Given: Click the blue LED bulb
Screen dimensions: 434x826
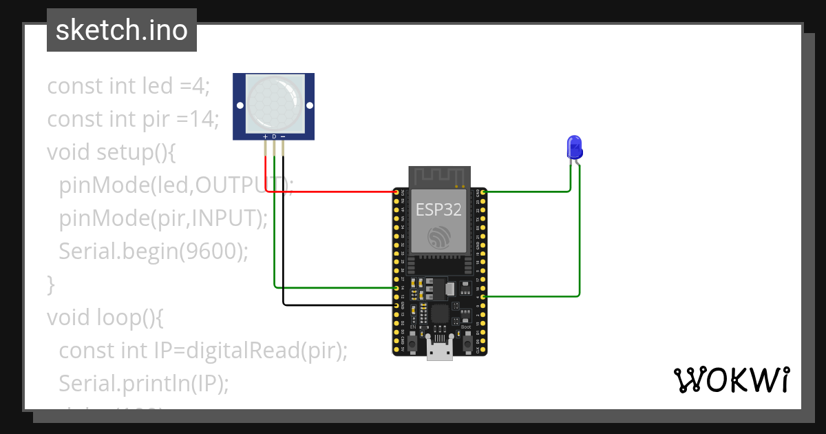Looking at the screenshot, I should pyautogui.click(x=573, y=146).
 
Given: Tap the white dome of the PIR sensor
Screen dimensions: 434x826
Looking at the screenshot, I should pyautogui.click(x=274, y=104).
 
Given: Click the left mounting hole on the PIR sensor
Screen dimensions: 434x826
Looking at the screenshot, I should pyautogui.click(x=240, y=106).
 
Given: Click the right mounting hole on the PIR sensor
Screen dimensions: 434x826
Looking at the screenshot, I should pyautogui.click(x=309, y=106).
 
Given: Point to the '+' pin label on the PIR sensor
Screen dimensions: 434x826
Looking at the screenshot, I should pyautogui.click(x=266, y=137).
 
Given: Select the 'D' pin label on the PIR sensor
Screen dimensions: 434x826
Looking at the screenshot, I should pyautogui.click(x=274, y=137).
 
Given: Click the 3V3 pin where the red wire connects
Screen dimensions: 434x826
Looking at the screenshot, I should pyautogui.click(x=396, y=192).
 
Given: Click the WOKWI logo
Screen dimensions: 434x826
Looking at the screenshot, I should pyautogui.click(x=730, y=380).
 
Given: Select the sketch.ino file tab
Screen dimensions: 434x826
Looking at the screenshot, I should pyautogui.click(x=122, y=30).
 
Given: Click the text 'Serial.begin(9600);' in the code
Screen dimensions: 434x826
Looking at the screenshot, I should pyautogui.click(x=153, y=251).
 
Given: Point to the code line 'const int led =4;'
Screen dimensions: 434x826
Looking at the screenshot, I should pyautogui.click(x=128, y=86).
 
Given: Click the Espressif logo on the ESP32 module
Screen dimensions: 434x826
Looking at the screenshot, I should pyautogui.click(x=438, y=238).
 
